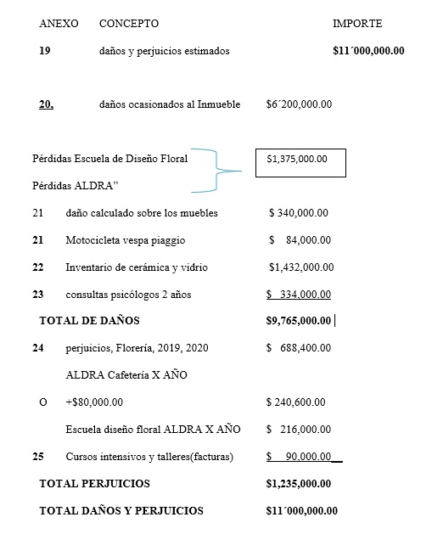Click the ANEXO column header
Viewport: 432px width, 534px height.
click(59, 24)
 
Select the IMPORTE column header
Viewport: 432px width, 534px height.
click(357, 24)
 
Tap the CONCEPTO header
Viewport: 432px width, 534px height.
click(129, 24)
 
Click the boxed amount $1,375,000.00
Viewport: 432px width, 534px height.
click(296, 159)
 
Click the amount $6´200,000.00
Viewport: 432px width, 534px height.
click(299, 104)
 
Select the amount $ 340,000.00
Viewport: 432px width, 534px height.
click(299, 213)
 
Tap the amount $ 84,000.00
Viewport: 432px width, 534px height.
click(299, 240)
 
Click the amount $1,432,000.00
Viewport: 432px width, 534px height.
click(300, 267)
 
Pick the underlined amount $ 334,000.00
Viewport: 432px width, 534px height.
click(298, 295)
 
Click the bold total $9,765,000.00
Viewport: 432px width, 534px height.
click(298, 321)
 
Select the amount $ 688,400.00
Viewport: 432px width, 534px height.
click(298, 348)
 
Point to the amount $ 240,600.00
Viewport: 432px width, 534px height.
click(296, 402)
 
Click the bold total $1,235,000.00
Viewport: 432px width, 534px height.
click(298, 483)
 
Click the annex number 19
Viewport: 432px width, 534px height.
click(45, 51)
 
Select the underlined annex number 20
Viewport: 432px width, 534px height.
click(47, 104)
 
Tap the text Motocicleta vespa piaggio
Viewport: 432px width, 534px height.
click(125, 240)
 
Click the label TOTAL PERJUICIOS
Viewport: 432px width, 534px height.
click(94, 483)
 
